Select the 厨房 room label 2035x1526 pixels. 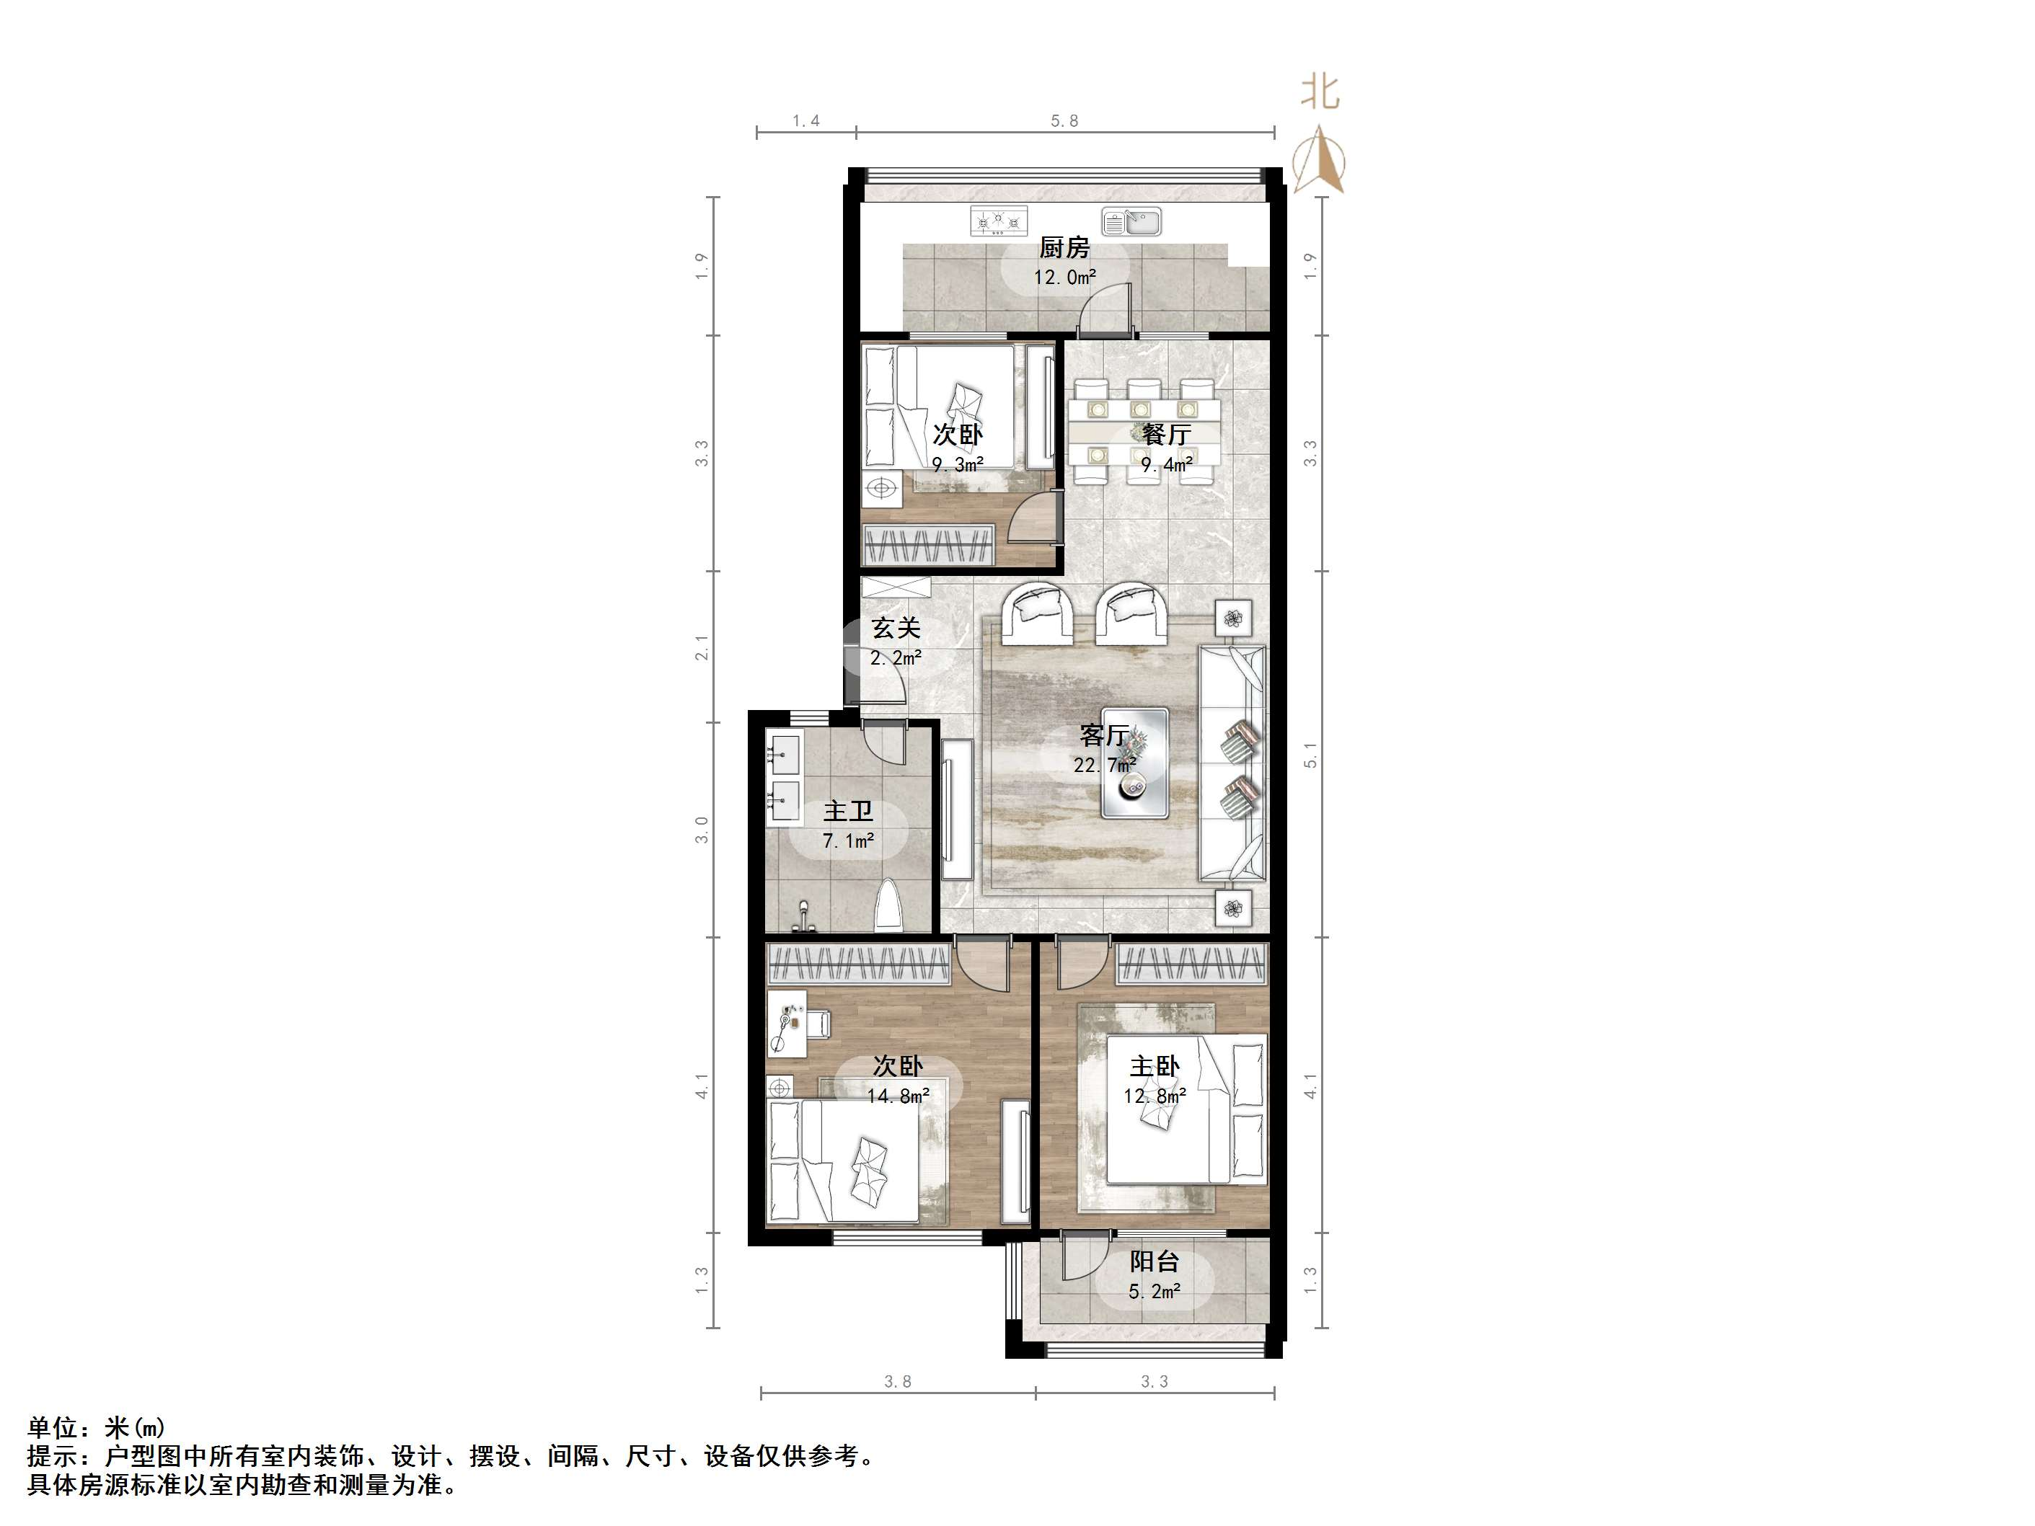tap(1064, 247)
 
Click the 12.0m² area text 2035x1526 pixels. tap(1064, 277)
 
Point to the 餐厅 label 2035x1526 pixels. tap(1167, 434)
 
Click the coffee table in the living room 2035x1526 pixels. tap(1135, 763)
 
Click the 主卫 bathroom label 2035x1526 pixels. tap(847, 811)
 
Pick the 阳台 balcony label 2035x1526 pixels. tap(1155, 1262)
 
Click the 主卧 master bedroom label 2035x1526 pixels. tap(1155, 1067)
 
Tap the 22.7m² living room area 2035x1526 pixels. tap(1104, 764)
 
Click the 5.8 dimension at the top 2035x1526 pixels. tap(1064, 121)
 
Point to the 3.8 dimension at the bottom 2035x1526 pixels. tap(897, 1382)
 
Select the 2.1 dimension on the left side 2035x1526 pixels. tap(702, 647)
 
